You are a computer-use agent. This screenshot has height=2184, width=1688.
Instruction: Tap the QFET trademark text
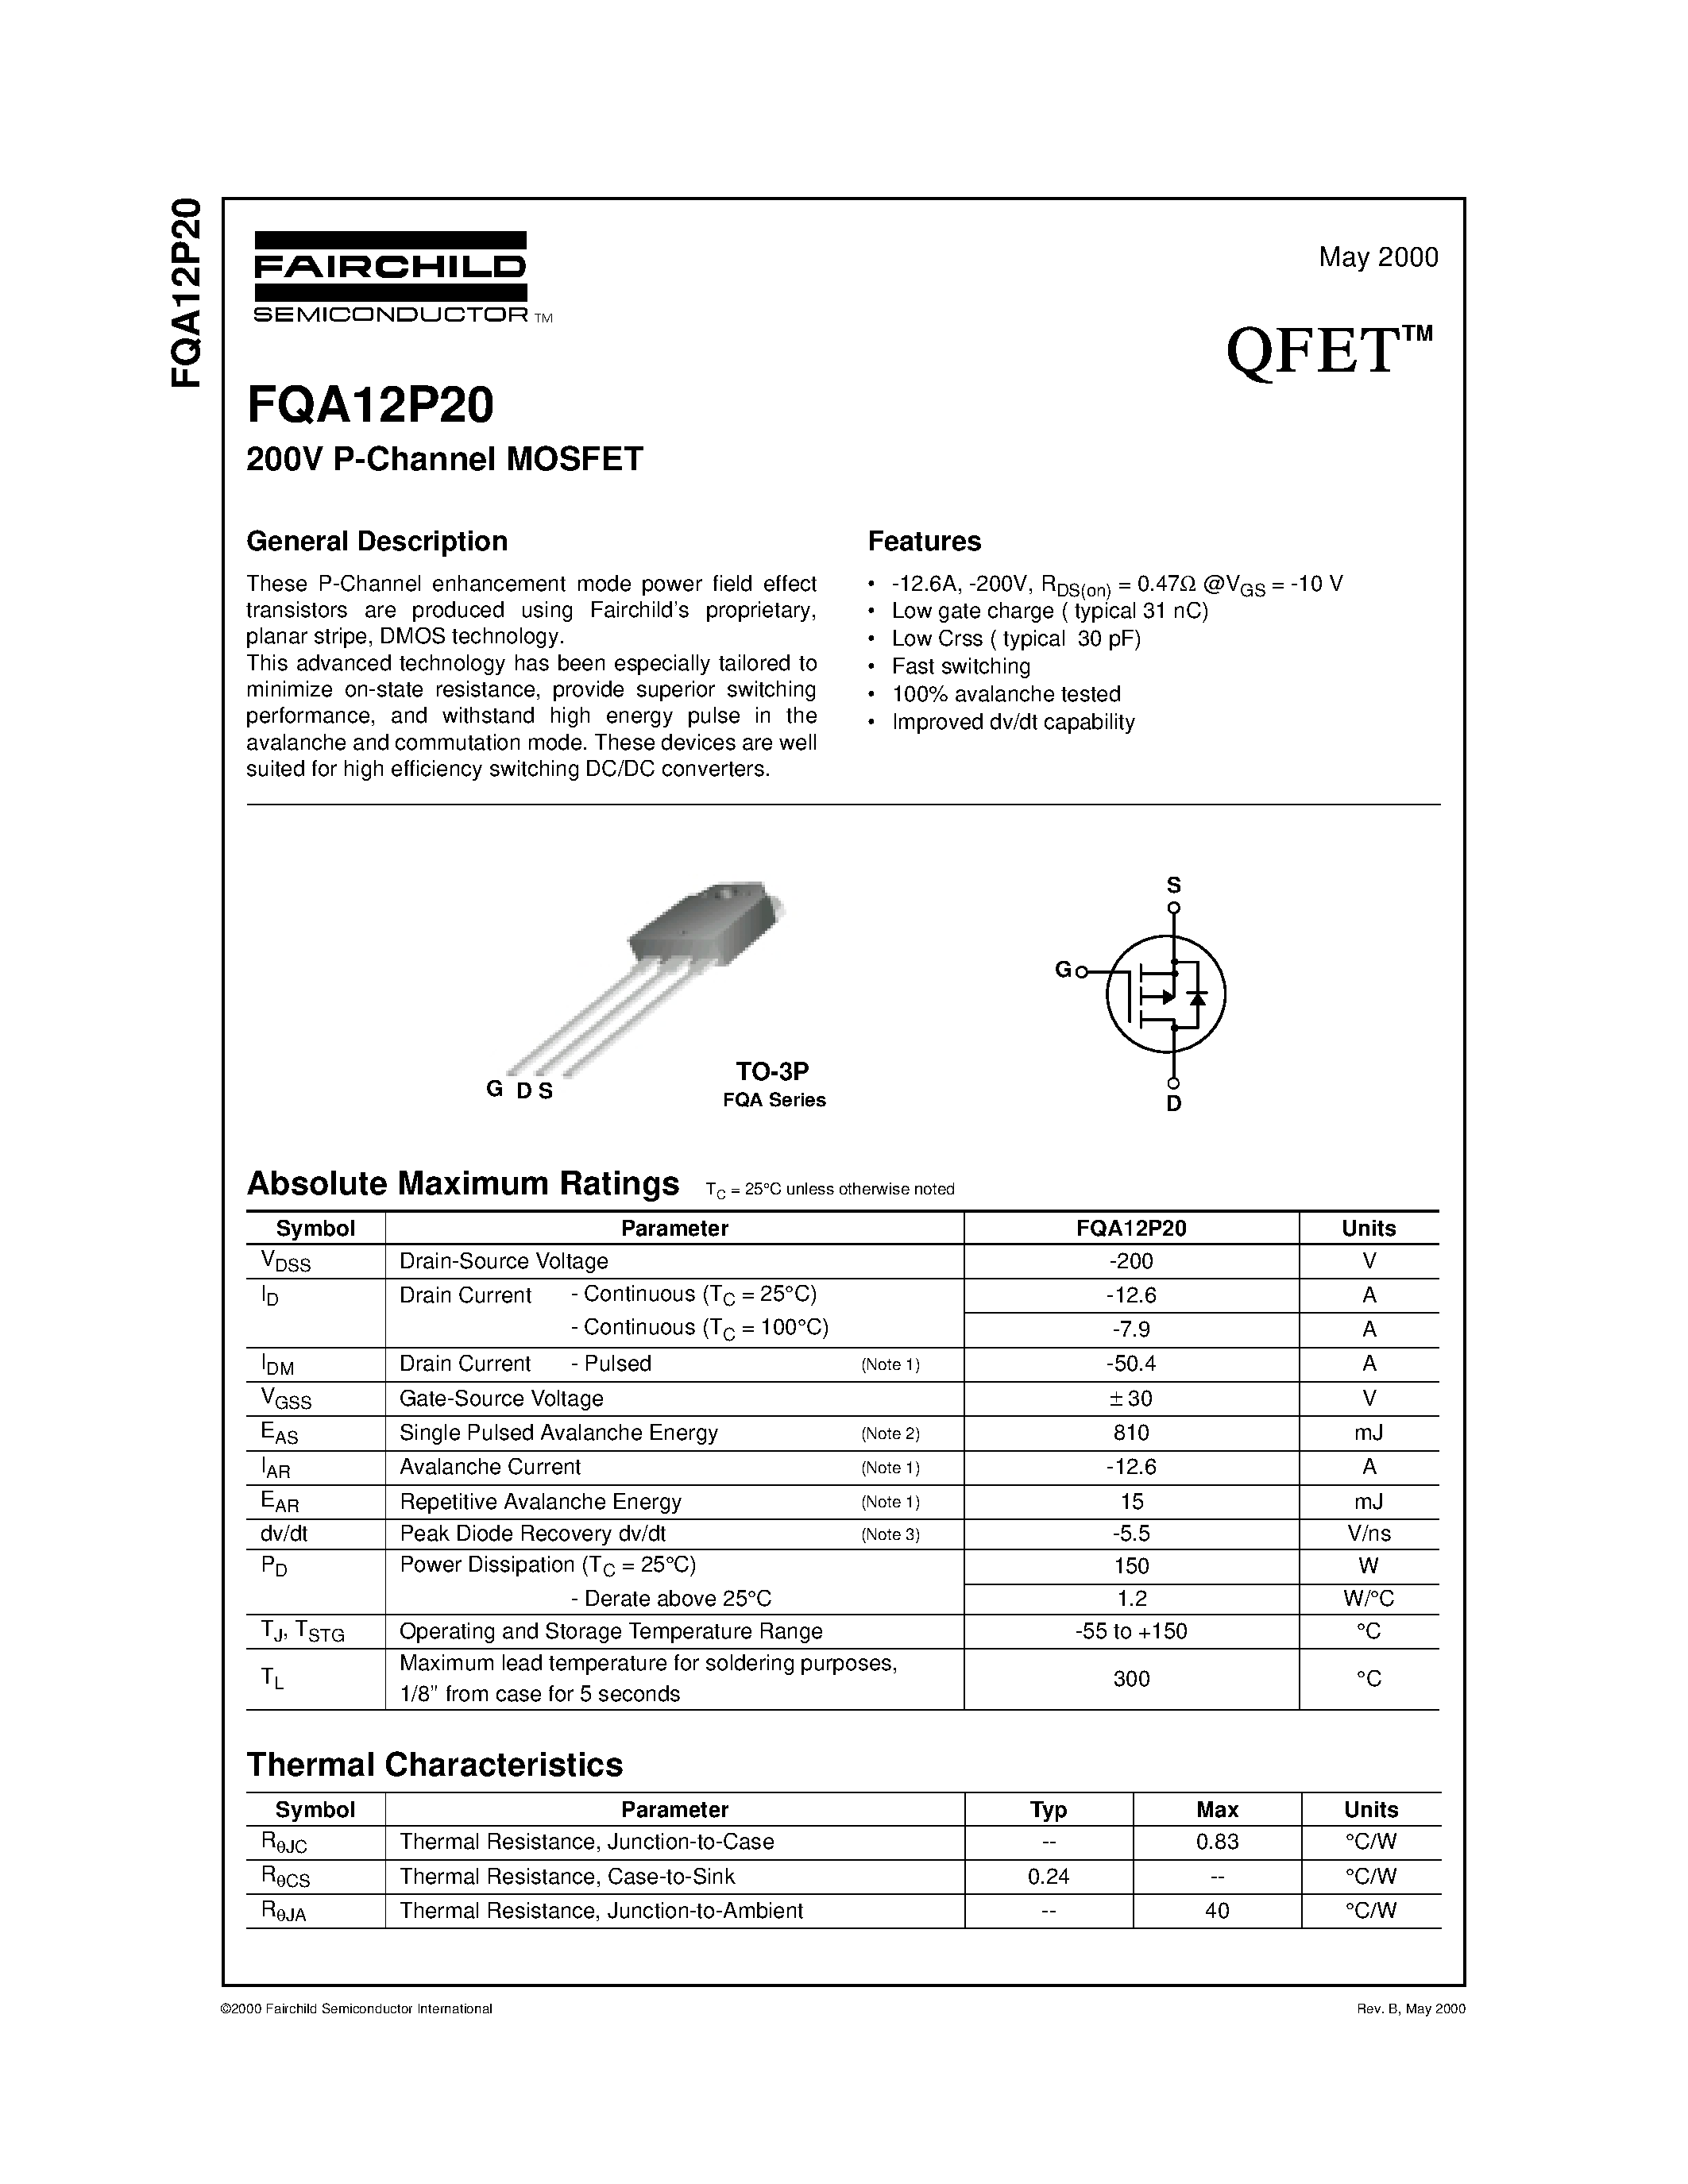point(1328,352)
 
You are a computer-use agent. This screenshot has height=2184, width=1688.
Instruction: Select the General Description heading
point(377,541)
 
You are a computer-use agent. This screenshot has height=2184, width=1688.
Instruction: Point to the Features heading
point(924,541)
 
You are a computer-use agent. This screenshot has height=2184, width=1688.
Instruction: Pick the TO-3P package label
point(772,1071)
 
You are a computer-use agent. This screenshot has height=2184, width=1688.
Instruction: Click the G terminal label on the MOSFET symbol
point(1063,969)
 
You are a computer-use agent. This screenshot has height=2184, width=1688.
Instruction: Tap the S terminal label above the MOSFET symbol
point(1174,885)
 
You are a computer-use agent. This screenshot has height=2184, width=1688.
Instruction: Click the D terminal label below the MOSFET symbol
point(1174,1104)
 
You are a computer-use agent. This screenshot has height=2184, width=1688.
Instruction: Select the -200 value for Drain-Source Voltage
point(1131,1261)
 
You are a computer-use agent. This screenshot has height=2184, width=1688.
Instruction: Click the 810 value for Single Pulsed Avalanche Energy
point(1131,1433)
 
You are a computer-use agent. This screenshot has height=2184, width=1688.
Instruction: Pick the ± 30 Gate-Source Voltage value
point(1131,1398)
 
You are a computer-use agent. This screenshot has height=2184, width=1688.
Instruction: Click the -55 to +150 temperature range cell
point(1131,1631)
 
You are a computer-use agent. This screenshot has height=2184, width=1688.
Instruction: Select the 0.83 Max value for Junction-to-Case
point(1217,1841)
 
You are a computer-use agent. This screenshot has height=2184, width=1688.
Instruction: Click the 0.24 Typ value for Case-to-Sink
point(1048,1876)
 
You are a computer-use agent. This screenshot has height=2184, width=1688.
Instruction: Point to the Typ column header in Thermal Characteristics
point(1048,1809)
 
